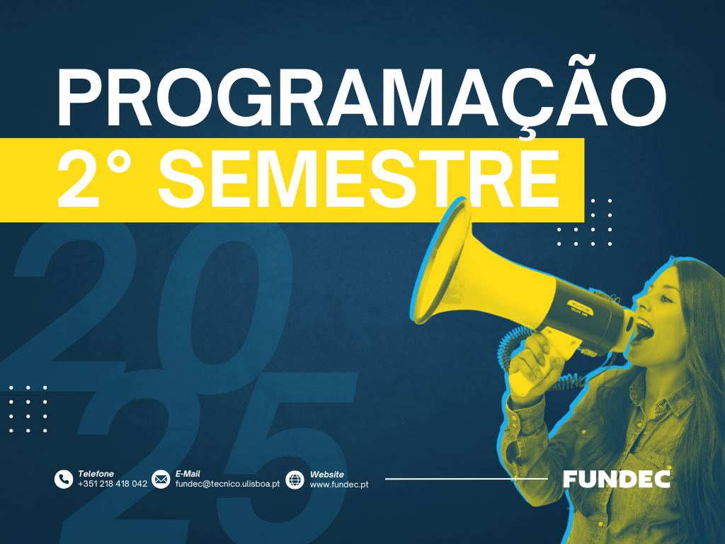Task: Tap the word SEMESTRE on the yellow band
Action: coord(359,178)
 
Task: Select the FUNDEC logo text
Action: coord(617,480)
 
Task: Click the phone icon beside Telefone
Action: coord(64,480)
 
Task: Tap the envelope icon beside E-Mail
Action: coord(161,480)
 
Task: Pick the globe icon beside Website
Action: coord(295,480)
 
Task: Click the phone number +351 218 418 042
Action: coord(113,484)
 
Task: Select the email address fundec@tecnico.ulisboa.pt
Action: coord(227,484)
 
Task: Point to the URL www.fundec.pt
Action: coord(339,484)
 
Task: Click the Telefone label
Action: coord(96,474)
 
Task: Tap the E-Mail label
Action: coord(187,474)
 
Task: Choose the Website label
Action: coord(327,474)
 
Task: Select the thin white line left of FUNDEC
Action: coord(467,479)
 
